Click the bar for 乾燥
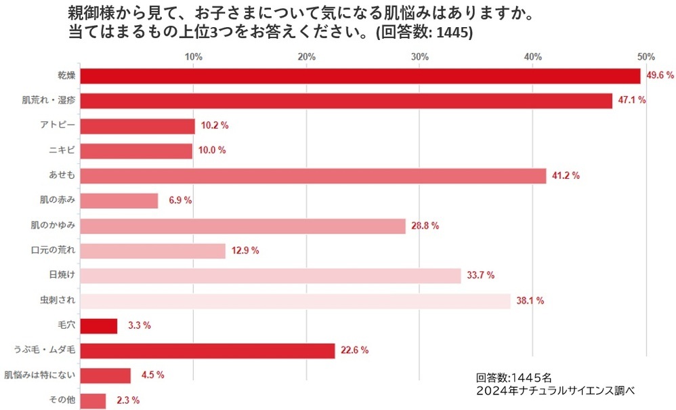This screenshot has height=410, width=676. pos(360,76)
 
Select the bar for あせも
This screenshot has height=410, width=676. pos(313,176)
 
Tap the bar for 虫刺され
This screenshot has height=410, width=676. pos(295,301)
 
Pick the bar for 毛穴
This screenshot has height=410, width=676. pos(99,326)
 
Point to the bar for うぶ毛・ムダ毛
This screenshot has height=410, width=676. pos(208,350)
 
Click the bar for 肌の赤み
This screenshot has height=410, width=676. pos(119,201)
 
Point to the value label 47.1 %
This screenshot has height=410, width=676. pos(632,100)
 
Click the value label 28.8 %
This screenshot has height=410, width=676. pos(425,226)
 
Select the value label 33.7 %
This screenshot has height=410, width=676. pos(480,275)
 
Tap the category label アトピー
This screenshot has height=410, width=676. pos(58,125)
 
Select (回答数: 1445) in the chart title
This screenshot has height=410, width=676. pos(424,32)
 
